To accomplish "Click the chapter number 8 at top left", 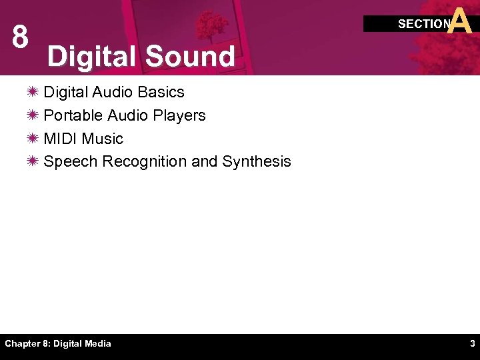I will point(20,38).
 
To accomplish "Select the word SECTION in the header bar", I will point(424,24).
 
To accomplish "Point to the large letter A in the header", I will point(461,21).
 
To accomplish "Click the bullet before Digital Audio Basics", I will point(33,92).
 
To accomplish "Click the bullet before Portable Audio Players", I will point(33,115).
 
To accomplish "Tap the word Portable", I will point(71,115).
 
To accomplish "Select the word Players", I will point(179,115).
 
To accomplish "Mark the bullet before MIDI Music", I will point(33,139).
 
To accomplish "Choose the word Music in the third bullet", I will point(103,139).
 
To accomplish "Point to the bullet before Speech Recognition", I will point(33,161).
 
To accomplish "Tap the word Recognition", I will point(145,161).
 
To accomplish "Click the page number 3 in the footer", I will point(472,344).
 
